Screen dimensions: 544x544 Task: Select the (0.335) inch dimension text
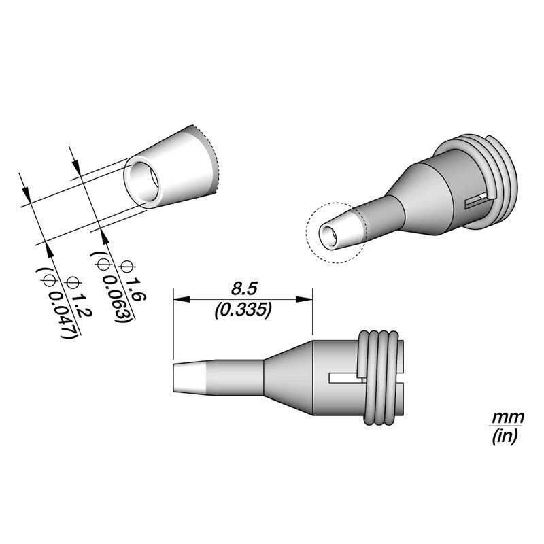tap(243, 310)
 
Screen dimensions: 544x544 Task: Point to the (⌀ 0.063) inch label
tap(112, 287)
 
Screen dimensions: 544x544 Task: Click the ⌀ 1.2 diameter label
tap(79, 296)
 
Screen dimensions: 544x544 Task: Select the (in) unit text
tap(505, 437)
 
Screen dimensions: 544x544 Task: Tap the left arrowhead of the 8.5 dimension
tap(182, 299)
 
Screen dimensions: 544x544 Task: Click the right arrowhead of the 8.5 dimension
tap(304, 299)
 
